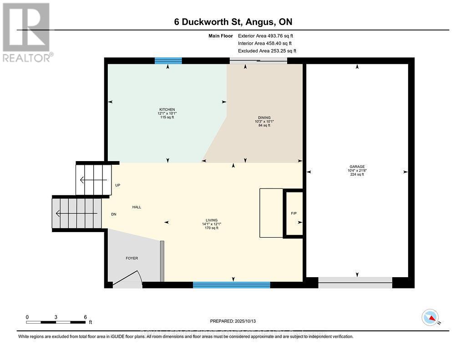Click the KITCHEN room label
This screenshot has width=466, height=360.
[x=166, y=110]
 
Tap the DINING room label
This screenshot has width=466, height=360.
[x=263, y=117]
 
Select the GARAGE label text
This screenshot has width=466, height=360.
[x=357, y=167]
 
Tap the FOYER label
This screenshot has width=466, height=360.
[x=132, y=258]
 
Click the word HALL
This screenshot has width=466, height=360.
[x=137, y=207]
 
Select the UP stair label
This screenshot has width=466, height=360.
[x=117, y=185]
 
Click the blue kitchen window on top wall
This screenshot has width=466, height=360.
[x=168, y=61]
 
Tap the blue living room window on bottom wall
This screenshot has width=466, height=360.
[x=231, y=285]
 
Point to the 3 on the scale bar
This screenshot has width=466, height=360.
[x=56, y=317]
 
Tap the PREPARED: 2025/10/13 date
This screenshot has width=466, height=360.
[x=233, y=320]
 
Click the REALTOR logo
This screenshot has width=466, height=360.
[x=26, y=32]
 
